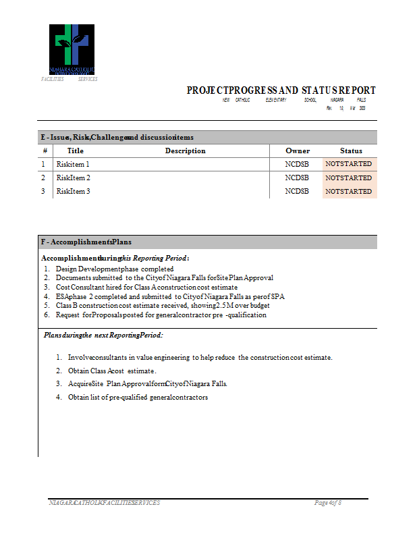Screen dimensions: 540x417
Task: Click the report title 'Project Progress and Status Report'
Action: tap(281, 90)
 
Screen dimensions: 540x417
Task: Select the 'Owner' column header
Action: tap(298, 151)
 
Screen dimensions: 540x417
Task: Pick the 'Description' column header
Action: tap(185, 151)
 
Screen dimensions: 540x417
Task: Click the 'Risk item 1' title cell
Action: tap(73, 164)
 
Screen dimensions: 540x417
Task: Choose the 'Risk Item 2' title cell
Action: tap(73, 178)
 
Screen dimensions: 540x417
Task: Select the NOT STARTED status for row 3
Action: tap(348, 192)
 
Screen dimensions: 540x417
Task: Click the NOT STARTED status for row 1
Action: tap(348, 164)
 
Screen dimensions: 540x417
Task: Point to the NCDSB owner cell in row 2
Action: tap(297, 178)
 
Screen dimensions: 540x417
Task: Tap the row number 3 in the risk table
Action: tap(43, 192)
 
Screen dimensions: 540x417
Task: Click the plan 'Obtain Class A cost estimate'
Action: tap(112, 371)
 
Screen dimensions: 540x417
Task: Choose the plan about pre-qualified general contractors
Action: tap(138, 397)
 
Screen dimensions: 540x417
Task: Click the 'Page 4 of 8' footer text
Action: tap(328, 503)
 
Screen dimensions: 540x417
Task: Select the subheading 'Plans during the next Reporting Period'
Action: tap(103, 335)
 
